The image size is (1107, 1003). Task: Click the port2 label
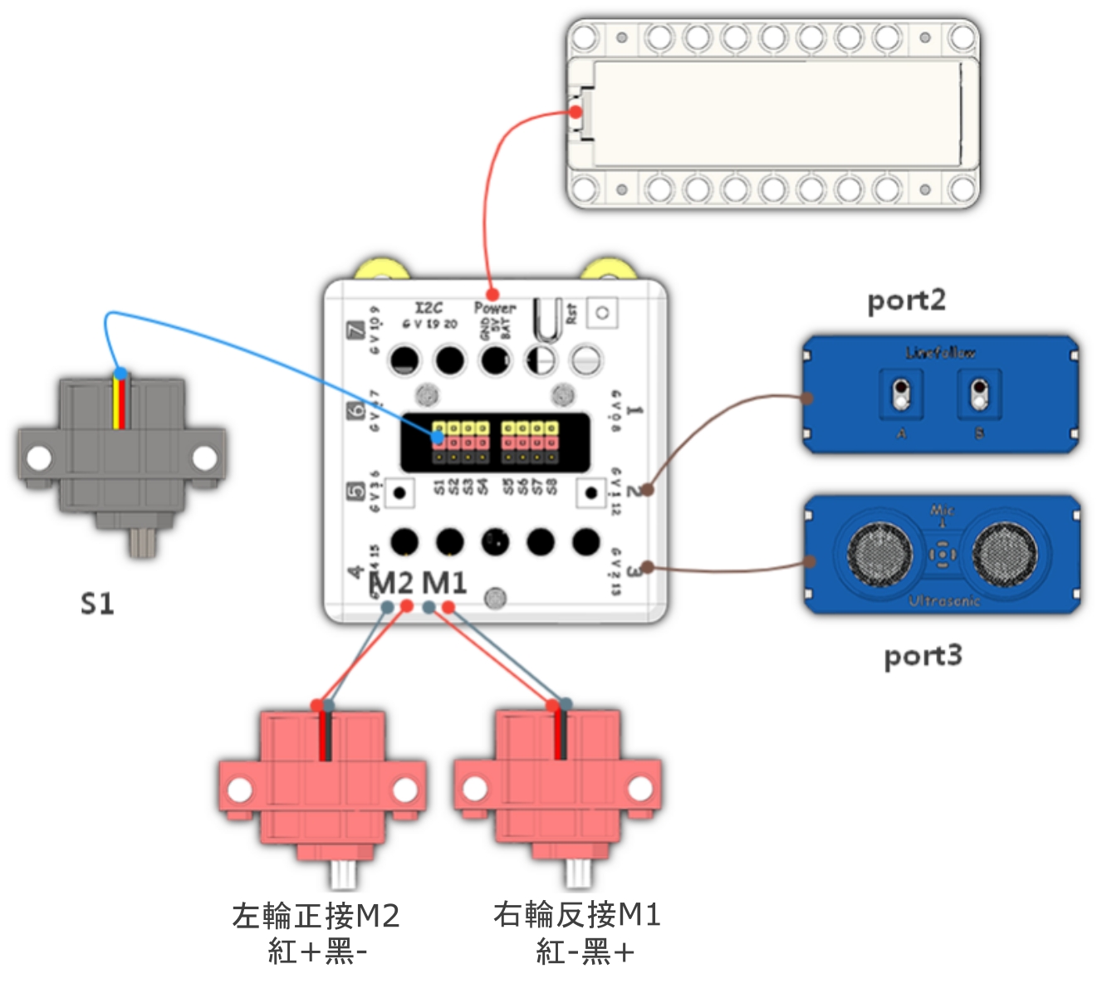click(x=906, y=301)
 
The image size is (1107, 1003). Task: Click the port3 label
click(x=923, y=656)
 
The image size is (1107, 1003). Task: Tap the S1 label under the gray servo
click(x=97, y=604)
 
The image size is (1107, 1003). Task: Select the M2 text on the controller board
click(x=392, y=583)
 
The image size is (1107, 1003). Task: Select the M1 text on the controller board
click(x=444, y=583)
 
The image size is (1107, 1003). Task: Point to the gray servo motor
click(x=121, y=457)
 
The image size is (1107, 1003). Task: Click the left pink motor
click(x=322, y=789)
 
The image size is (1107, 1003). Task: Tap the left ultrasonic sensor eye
click(x=879, y=554)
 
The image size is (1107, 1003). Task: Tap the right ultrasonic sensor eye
click(x=1004, y=554)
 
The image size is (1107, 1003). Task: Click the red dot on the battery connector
click(x=576, y=112)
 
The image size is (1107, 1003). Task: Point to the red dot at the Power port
click(x=492, y=294)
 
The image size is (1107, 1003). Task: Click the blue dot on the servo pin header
click(x=438, y=437)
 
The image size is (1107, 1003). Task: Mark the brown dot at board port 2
click(x=647, y=490)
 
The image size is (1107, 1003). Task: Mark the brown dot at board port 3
click(x=647, y=568)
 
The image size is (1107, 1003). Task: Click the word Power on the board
click(x=495, y=308)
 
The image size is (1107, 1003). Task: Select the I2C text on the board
click(x=429, y=308)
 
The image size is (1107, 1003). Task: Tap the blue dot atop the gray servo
click(x=121, y=373)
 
